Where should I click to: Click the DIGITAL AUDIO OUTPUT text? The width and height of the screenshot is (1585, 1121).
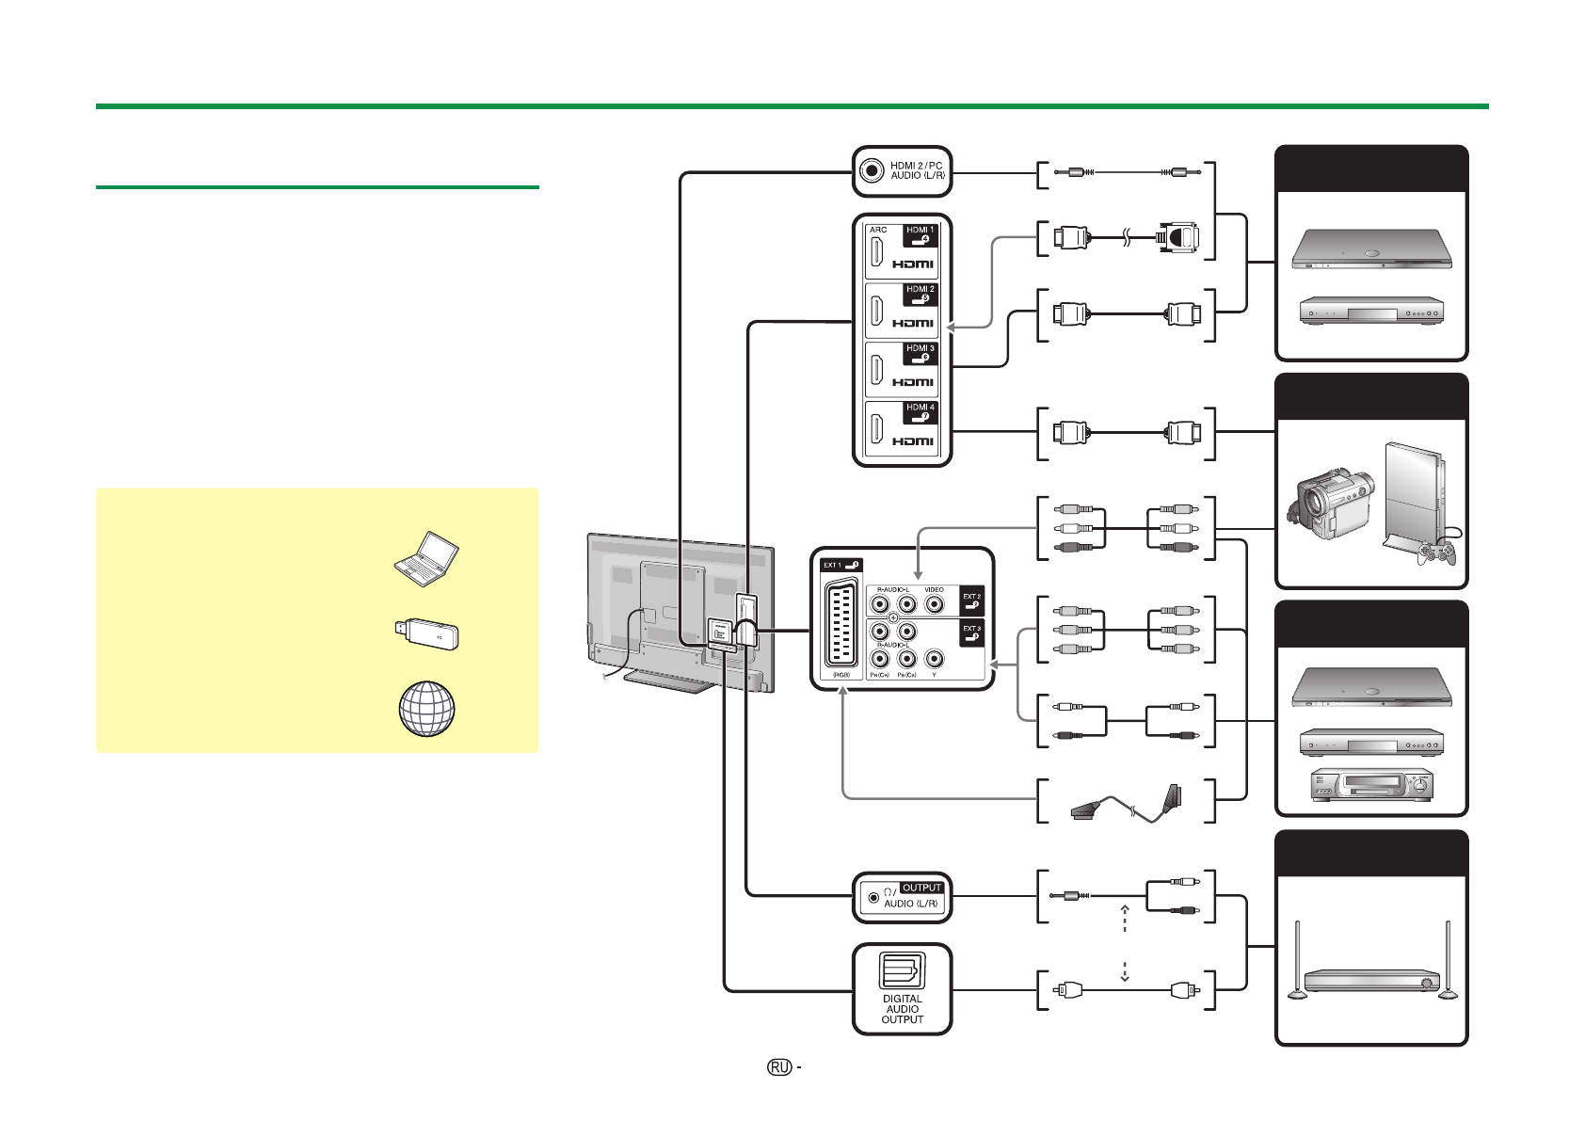[x=902, y=1009]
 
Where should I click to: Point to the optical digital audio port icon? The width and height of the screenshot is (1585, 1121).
[x=902, y=970]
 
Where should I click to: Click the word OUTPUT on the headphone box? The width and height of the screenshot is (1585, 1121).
[x=921, y=888]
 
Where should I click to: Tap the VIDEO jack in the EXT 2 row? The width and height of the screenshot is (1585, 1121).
[x=934, y=605]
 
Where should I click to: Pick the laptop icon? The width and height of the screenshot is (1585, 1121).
[x=425, y=558]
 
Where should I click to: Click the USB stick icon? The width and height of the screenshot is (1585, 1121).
[x=425, y=634]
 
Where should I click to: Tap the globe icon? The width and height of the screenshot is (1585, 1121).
[x=426, y=708]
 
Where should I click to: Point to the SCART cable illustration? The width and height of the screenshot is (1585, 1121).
[x=1126, y=802]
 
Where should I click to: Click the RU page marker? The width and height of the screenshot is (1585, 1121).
[x=778, y=1067]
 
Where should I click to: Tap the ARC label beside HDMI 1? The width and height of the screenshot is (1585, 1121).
[x=878, y=230]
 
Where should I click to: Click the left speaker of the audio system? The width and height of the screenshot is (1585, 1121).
[x=1297, y=959]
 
